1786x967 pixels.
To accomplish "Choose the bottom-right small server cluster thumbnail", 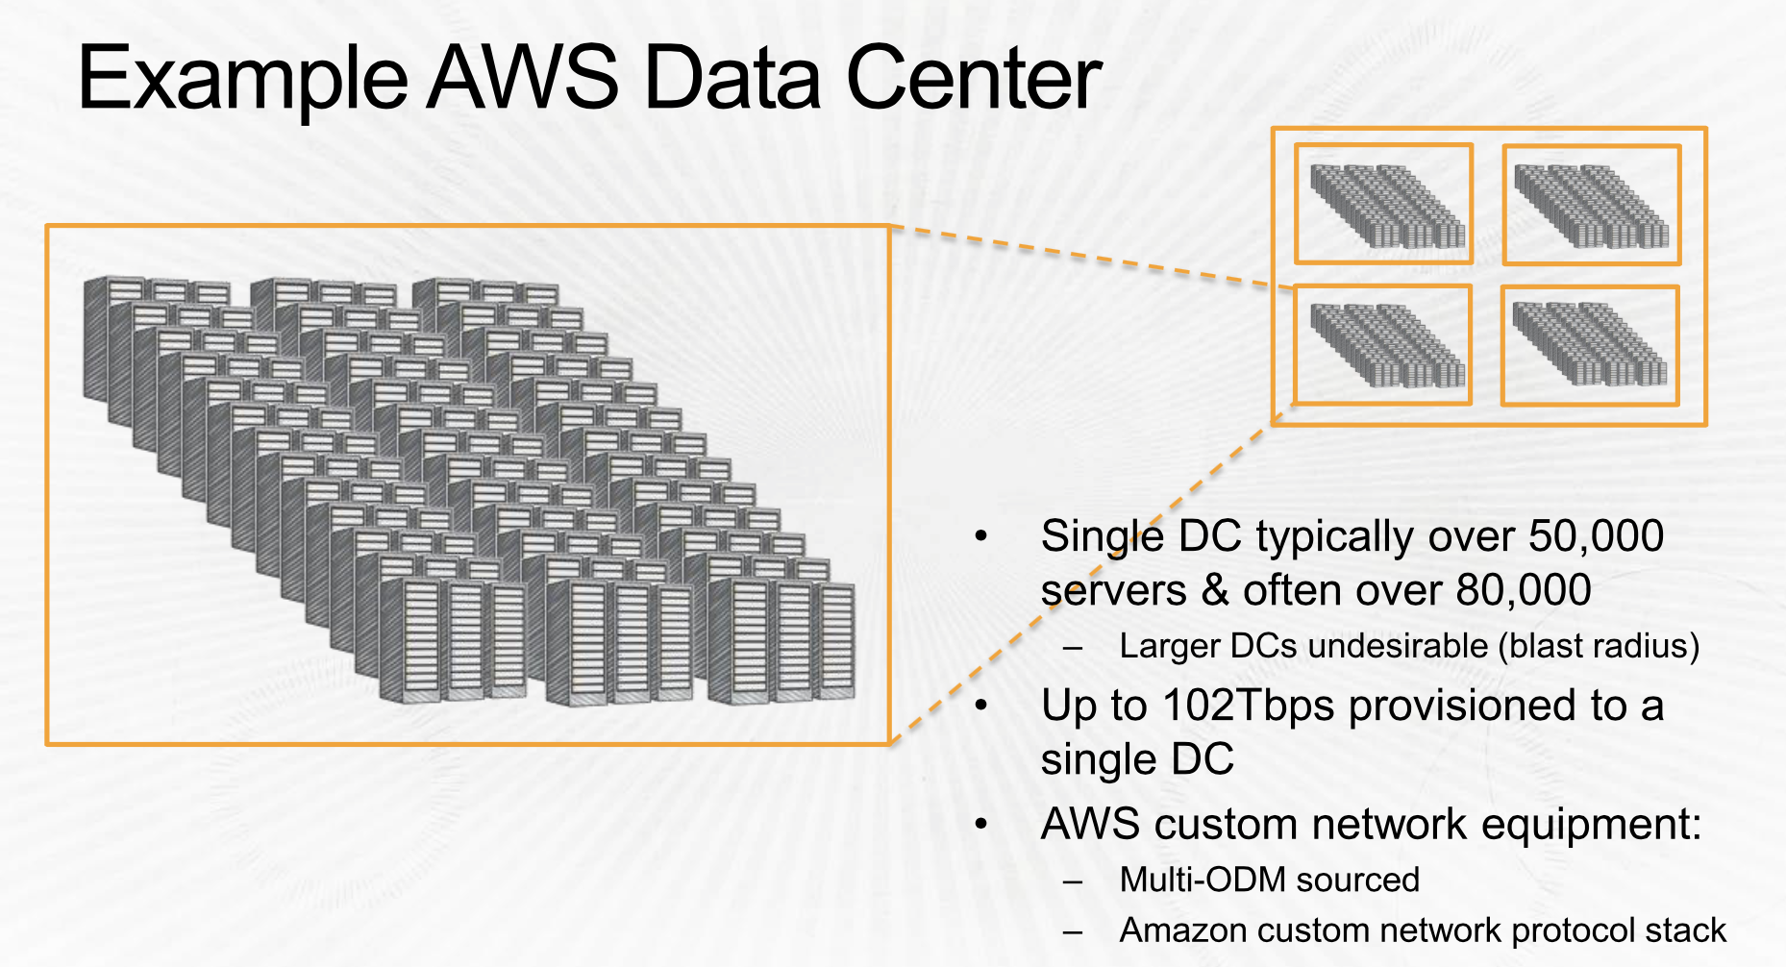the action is tap(1589, 344).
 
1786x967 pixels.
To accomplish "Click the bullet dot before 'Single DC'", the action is tap(981, 535).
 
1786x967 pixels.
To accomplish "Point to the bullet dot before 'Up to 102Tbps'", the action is tap(981, 706).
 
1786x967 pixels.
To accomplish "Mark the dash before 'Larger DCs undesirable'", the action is tap(1073, 650).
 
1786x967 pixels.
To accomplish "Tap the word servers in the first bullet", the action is tap(1113, 591).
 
